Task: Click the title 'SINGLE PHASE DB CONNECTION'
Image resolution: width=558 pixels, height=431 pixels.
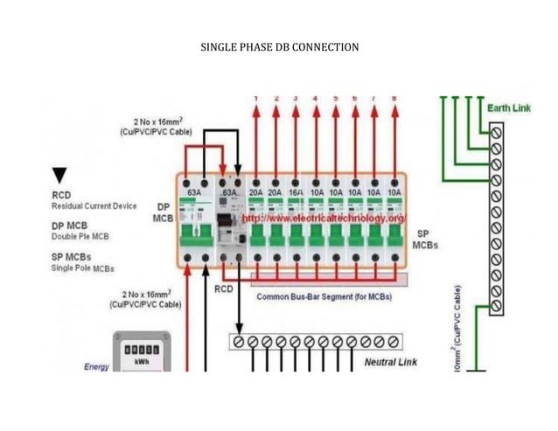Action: (279, 46)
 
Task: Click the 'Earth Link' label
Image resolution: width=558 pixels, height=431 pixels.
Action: (508, 108)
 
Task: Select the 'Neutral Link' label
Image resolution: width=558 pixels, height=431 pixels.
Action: (389, 361)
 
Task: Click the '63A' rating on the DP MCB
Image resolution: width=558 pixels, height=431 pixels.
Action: (194, 191)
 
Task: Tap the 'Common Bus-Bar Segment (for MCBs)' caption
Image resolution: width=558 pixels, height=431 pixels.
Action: (324, 296)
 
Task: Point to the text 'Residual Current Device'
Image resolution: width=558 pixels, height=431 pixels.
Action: (94, 206)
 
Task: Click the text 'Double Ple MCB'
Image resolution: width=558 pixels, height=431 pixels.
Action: (80, 236)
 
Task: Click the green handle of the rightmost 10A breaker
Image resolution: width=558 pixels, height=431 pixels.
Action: (394, 235)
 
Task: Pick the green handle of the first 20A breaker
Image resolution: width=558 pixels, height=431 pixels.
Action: (255, 235)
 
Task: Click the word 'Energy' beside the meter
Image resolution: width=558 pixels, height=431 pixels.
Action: (96, 367)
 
